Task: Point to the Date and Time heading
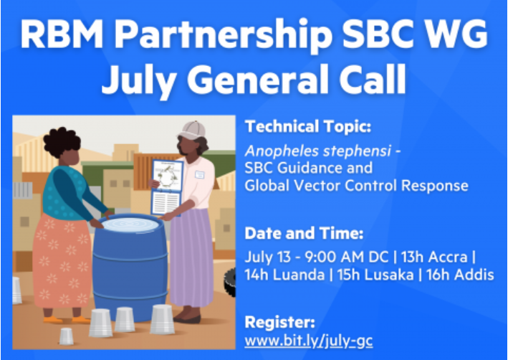(304, 233)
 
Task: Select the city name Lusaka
(387, 275)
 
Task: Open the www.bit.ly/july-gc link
(308, 341)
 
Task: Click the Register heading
(279, 321)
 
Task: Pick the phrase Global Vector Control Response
(356, 186)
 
